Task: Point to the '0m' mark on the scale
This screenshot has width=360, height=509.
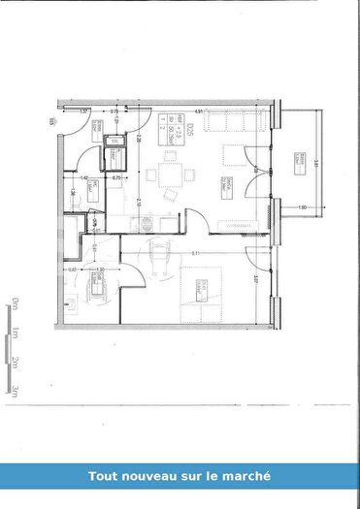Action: tap(16, 305)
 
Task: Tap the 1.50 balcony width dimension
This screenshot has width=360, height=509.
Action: tap(302, 207)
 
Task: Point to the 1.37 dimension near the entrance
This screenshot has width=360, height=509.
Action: tap(83, 111)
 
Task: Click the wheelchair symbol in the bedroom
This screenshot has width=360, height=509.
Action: tap(160, 258)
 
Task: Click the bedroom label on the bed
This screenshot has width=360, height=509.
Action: tap(202, 287)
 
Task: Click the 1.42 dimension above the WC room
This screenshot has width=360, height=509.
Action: tap(84, 177)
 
